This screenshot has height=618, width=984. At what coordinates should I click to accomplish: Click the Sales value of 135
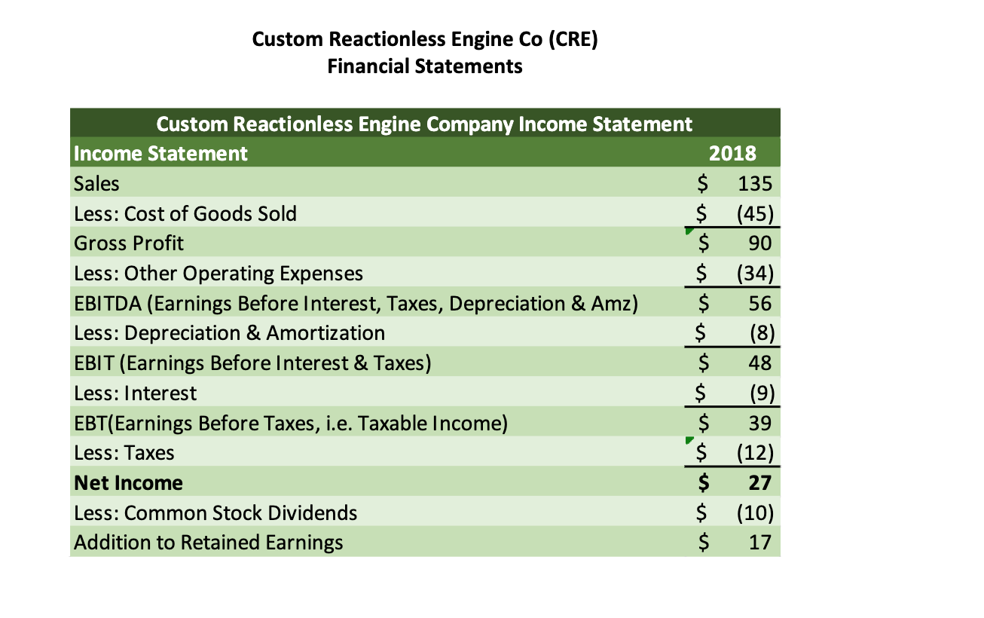click(755, 183)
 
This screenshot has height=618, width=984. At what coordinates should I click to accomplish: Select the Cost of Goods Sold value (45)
click(754, 213)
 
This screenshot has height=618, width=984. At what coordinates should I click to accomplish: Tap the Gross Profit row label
click(129, 243)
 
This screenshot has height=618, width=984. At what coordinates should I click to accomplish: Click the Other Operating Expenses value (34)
click(754, 273)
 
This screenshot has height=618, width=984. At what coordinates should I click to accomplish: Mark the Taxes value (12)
click(754, 453)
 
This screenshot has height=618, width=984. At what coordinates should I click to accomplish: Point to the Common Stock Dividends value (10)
click(754, 513)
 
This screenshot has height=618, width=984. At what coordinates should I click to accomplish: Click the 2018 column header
click(733, 154)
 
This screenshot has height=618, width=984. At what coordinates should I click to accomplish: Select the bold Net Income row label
click(129, 483)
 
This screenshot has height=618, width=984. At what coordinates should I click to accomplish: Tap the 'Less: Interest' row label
click(136, 393)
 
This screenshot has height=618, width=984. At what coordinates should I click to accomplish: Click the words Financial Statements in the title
click(425, 66)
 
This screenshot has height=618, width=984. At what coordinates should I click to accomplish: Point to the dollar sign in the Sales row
click(702, 183)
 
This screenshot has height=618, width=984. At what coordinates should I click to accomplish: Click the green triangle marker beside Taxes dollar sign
click(689, 442)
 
